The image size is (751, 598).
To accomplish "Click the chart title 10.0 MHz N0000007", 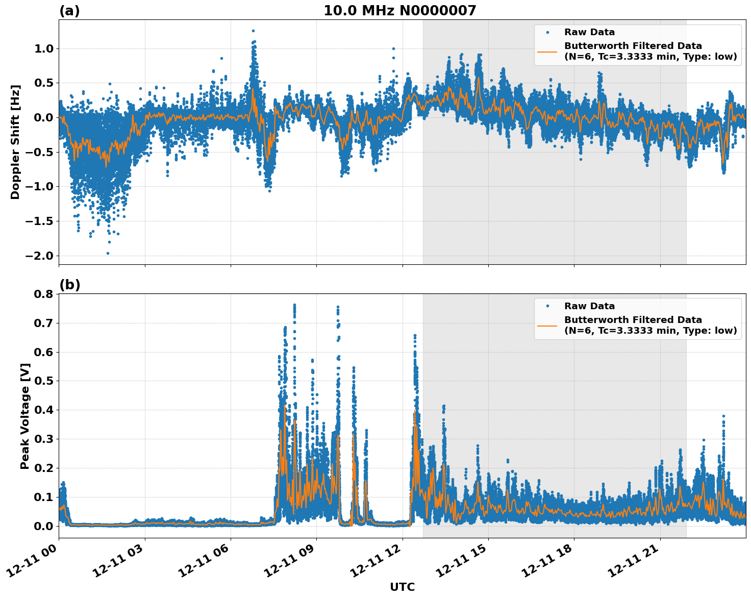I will tap(399, 11).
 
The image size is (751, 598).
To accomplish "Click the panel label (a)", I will tap(69, 11).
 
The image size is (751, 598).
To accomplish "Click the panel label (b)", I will tap(69, 285).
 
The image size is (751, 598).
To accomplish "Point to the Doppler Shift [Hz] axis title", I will tap(15, 142).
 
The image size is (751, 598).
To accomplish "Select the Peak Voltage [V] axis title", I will tap(25, 416).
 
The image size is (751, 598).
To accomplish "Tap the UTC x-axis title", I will tap(402, 587).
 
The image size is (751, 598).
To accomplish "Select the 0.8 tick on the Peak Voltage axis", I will tap(43, 294).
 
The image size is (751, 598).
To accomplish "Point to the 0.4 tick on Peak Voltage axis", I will tap(43, 410).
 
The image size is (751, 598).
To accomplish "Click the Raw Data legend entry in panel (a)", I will tap(589, 33).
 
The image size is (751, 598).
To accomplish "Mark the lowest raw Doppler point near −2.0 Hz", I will tap(108, 253).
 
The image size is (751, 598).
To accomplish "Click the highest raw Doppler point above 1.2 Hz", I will tap(253, 31).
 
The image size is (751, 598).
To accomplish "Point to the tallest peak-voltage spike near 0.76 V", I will tap(294, 305).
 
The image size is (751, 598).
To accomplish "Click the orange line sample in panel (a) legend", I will tap(547, 52).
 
